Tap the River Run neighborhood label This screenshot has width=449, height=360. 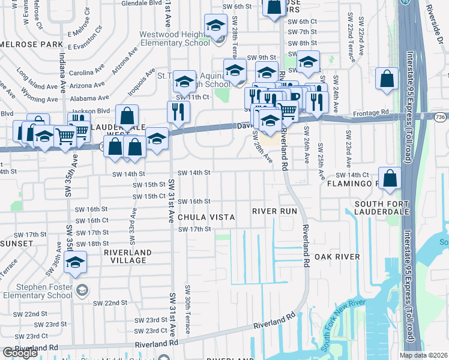tap(274, 211)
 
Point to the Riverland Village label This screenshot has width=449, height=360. tap(125, 256)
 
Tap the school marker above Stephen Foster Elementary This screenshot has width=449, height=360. tap(76, 262)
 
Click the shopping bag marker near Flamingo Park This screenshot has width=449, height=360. tap(390, 178)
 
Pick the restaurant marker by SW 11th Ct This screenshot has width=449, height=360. tap(178, 111)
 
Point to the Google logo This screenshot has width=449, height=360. tap(20, 353)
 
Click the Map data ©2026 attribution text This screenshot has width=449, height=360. tap(423, 355)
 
